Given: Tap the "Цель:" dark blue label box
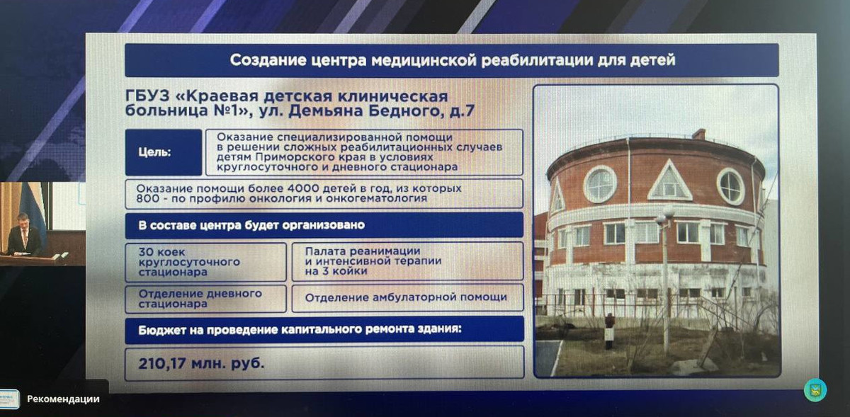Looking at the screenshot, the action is coord(164,152).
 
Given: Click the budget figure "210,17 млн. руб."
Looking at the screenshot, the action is coord(201,363).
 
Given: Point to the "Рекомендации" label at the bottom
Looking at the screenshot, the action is coord(63,399).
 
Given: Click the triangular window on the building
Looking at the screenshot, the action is coord(670,181).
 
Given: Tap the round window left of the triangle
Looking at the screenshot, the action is coord(600,184).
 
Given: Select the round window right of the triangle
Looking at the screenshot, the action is coord(730,187).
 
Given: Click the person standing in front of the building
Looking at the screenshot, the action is coord(608,331).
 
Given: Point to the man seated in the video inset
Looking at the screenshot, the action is coord(25,235).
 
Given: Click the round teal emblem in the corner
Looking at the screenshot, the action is coord(815,389).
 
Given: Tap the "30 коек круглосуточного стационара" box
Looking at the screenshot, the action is coord(205,262).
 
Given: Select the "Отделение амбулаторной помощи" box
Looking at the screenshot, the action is coord(407,298).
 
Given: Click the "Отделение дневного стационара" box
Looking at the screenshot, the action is coord(205,299).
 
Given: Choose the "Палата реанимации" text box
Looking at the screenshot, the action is coord(407,261).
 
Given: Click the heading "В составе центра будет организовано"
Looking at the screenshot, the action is coord(251,225).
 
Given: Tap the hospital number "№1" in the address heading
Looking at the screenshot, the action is coord(226,110).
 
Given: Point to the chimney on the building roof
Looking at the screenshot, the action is coord(698,134).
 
